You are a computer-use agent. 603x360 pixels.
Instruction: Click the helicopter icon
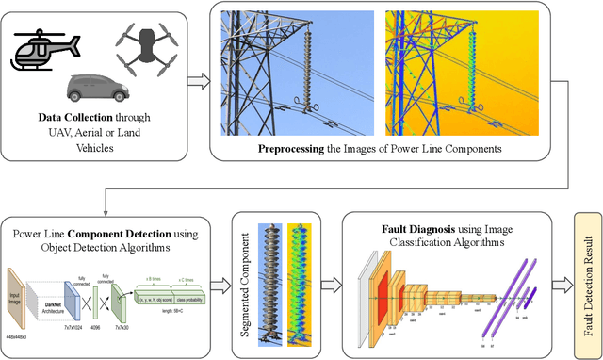(x=48, y=50)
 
